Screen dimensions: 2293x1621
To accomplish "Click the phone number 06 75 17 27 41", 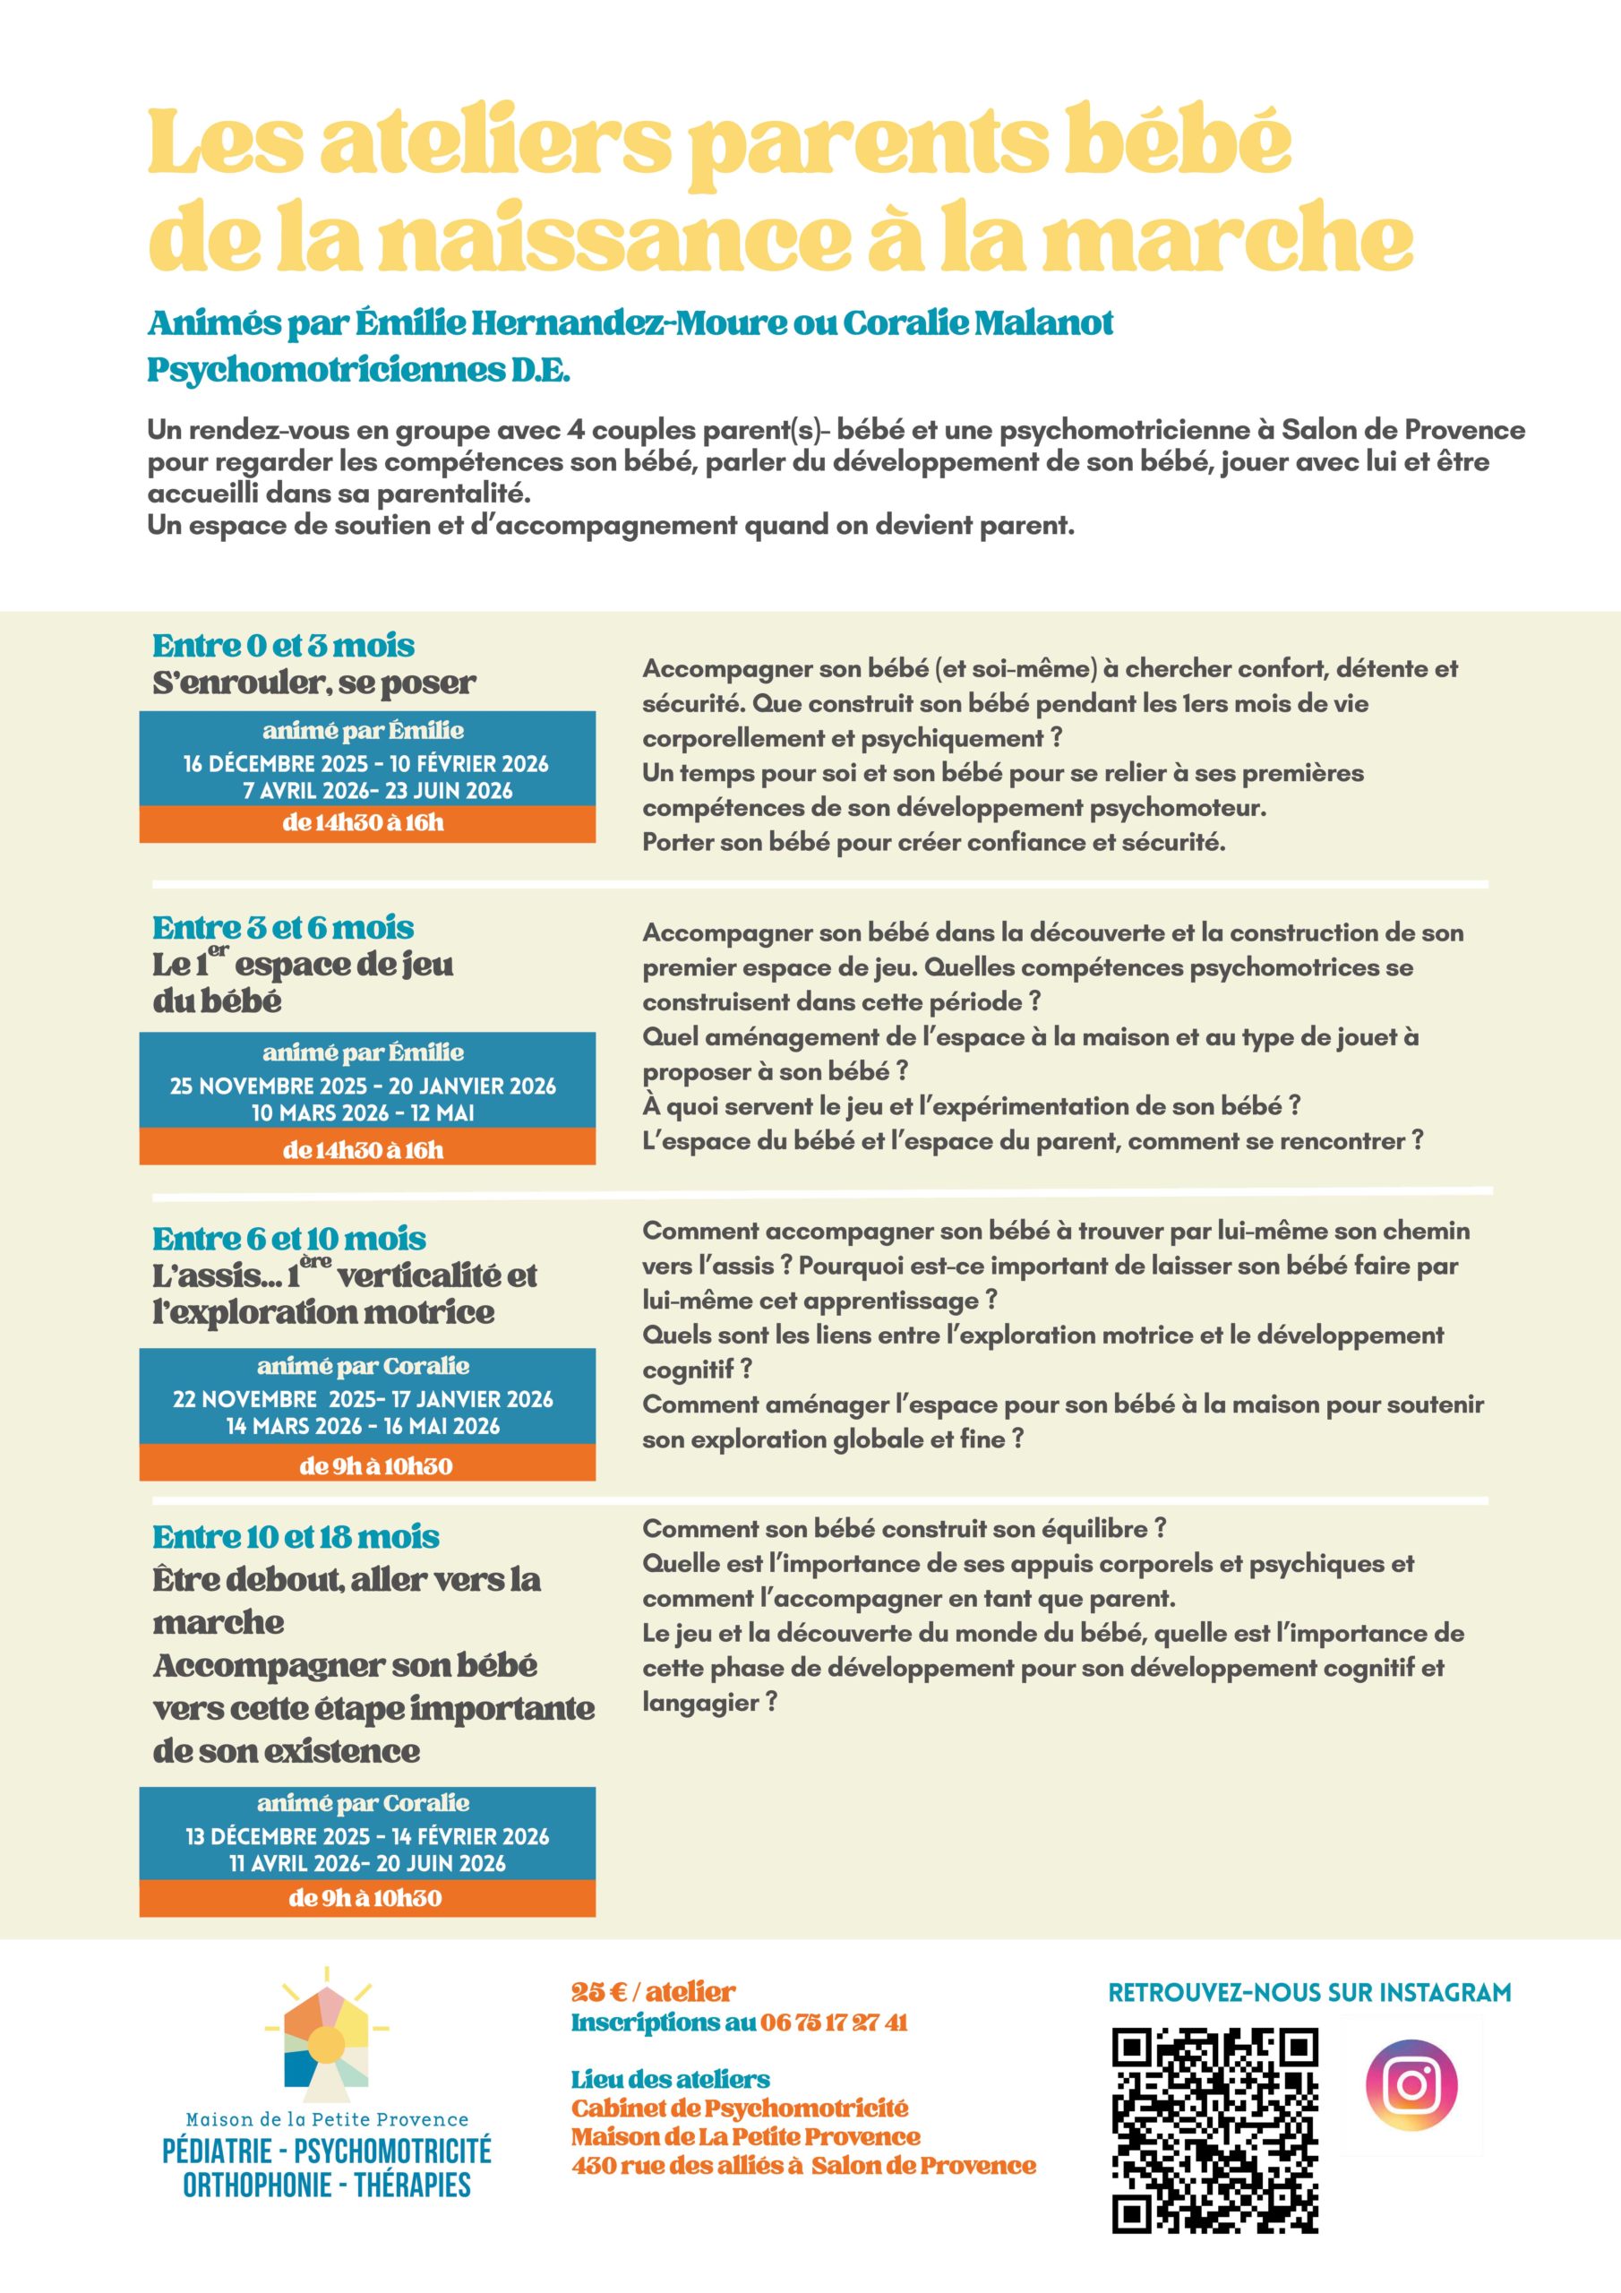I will tap(834, 2022).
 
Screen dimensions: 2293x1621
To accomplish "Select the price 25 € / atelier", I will tap(653, 1992).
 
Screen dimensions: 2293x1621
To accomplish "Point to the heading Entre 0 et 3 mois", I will tap(284, 646).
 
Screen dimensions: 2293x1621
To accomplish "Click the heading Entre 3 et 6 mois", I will tap(283, 928).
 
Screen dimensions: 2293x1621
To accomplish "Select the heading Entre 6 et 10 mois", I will tap(288, 1240).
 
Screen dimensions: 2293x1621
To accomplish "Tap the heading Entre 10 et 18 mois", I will tap(296, 1537).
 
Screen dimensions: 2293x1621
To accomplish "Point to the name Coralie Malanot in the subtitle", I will tap(978, 322).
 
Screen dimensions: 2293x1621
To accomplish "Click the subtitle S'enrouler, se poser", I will tap(313, 683).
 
